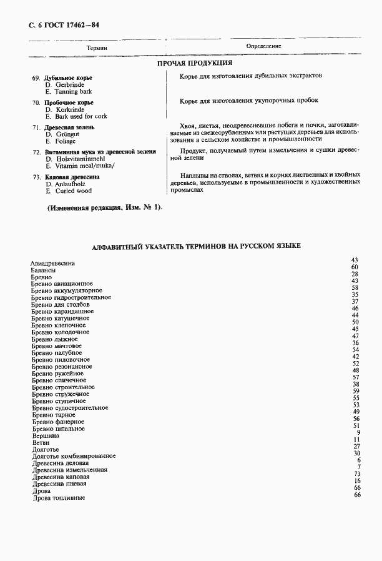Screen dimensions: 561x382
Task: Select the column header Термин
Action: [97, 47]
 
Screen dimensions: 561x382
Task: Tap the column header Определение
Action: [263, 46]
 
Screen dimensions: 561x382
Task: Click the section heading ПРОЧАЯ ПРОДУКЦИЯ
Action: [194, 63]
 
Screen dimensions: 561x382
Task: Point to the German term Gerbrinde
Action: [69, 84]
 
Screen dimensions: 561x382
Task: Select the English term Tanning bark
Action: [73, 91]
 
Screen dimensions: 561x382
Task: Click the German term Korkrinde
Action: [69, 109]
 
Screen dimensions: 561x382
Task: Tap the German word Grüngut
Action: [67, 134]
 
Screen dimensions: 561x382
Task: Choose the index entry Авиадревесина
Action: [52, 264]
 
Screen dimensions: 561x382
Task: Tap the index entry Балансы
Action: [44, 271]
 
